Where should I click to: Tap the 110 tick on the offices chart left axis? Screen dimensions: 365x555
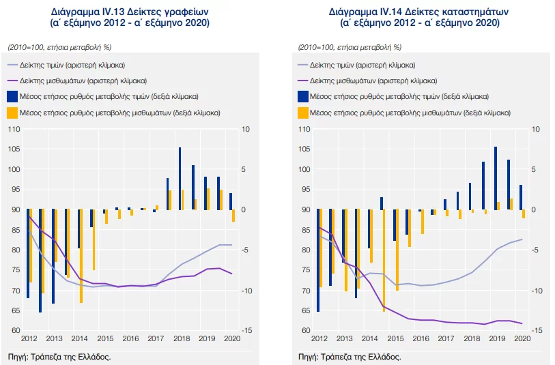pos(14,129)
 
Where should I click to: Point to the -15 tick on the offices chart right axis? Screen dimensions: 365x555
pos(246,331)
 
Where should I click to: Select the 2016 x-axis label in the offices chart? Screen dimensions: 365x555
pos(130,338)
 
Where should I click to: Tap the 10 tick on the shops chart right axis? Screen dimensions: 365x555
pos(535,129)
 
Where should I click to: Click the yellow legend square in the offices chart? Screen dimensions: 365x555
pos(12,112)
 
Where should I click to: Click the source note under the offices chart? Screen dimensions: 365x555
pos(59,356)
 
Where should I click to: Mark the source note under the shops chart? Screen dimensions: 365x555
pos(350,356)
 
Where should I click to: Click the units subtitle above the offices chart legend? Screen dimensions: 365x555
pos(59,47)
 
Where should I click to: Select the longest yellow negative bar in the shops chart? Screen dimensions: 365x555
pos(384,260)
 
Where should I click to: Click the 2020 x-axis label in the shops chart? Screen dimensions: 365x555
pos(522,338)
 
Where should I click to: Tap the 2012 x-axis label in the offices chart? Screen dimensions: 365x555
pos(29,338)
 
